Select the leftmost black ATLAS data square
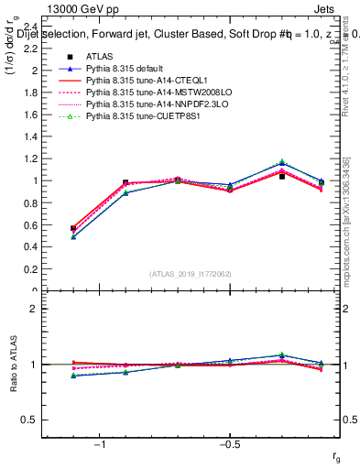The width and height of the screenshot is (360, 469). [x=73, y=228]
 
